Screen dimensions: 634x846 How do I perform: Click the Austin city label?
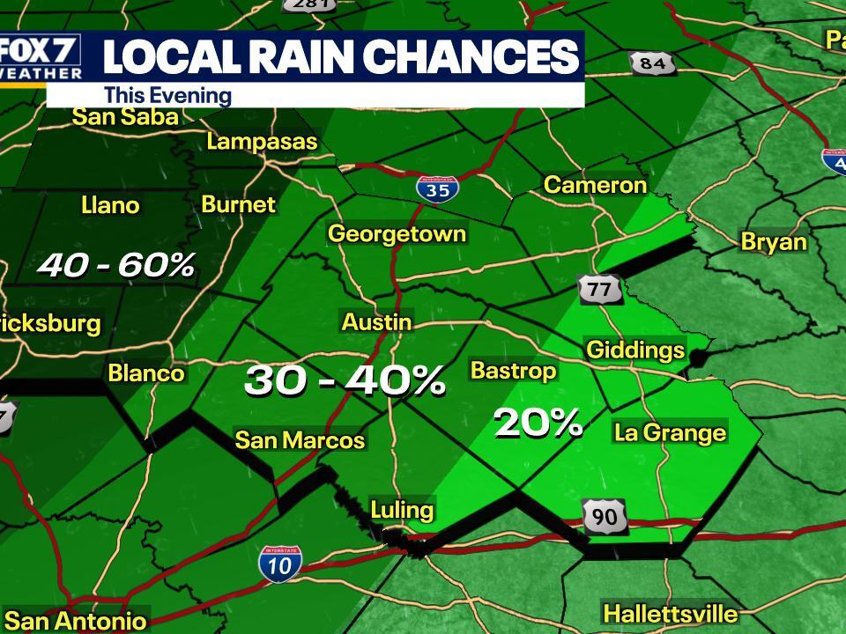point(376,322)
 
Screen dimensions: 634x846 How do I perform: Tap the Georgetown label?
point(397,233)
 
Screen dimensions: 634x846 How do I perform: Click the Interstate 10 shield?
point(280,563)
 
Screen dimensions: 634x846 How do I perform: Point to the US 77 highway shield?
point(600,289)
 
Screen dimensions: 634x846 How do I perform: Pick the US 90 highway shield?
point(605,517)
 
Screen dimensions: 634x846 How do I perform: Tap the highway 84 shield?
point(652,63)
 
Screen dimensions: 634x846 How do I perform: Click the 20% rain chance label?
point(538,424)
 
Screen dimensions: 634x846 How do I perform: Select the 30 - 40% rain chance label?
point(345,380)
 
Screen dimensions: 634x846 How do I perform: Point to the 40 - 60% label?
point(115,264)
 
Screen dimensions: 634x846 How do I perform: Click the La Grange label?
point(670,432)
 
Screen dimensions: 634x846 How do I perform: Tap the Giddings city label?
point(635,350)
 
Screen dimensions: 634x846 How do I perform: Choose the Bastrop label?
point(513,370)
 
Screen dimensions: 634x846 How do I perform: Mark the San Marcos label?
point(300,439)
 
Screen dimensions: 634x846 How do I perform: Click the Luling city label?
point(402,509)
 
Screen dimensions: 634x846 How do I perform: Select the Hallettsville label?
point(670,613)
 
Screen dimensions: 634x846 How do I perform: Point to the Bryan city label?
point(774,241)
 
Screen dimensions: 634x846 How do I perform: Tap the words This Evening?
point(167,96)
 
